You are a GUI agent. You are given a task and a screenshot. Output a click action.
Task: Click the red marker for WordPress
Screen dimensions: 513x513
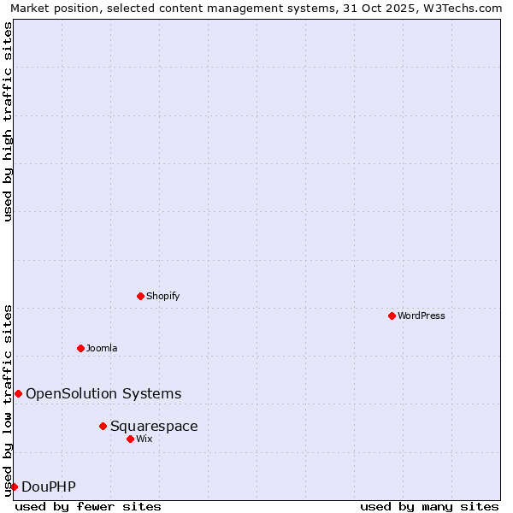coord(392,315)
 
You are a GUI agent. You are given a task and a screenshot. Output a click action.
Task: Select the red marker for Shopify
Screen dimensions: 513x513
coord(140,296)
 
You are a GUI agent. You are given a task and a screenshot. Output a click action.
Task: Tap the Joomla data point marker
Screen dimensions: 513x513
coord(80,348)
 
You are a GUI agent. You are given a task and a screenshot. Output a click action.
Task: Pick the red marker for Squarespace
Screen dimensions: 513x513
coord(103,426)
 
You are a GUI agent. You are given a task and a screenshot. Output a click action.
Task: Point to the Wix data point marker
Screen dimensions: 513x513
coord(130,439)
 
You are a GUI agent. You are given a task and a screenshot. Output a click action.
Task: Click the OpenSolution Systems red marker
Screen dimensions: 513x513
coord(18,393)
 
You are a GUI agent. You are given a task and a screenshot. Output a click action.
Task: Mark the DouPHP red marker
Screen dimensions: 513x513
coord(14,486)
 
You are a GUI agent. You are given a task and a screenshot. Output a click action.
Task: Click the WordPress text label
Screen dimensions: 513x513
coord(422,315)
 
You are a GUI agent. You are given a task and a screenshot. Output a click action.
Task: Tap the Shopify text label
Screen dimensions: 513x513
coord(163,296)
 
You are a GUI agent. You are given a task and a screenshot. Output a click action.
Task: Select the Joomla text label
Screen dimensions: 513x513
coord(102,348)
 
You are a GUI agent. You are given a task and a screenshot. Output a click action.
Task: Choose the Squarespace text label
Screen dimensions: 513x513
coord(154,426)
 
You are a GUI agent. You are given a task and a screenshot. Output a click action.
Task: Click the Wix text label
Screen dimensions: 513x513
coord(144,439)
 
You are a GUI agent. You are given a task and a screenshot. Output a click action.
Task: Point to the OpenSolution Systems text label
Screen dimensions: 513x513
coord(103,393)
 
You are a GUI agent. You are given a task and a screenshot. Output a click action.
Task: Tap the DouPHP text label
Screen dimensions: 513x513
coord(49,486)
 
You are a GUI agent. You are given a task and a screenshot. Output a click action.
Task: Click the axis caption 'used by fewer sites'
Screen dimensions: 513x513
coord(88,506)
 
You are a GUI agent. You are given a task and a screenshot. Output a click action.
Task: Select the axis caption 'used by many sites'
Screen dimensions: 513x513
coord(429,506)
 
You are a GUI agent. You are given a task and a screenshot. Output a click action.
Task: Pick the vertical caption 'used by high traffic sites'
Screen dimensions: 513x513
coord(8,121)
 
